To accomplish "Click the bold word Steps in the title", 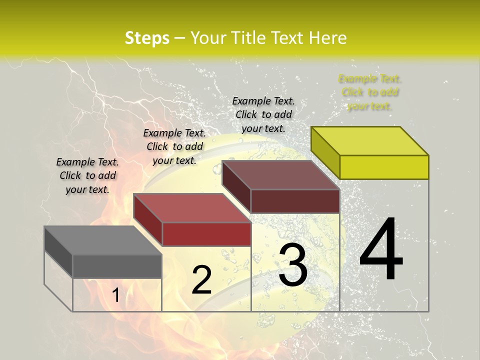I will point(147,38).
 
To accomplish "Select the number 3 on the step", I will point(293,265).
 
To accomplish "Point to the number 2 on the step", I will point(201,280).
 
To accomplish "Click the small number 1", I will point(115,295).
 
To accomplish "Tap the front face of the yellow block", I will point(384,167).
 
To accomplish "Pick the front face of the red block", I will point(206,234).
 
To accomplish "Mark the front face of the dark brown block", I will point(295,201).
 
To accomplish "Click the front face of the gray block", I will point(117,266).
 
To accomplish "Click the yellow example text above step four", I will point(369,92).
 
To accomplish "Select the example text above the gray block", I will point(87,175).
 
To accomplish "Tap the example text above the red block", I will point(174,146).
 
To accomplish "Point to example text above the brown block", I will point(263,114).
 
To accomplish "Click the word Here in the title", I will point(328,38).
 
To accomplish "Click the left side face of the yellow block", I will point(325,152).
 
